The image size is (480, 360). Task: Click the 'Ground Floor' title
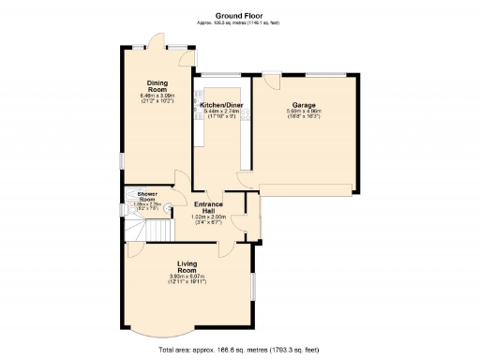[239, 16]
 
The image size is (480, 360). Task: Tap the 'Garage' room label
[303, 105]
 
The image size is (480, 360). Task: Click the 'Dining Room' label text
[157, 86]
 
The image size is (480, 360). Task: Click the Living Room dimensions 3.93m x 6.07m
[187, 277]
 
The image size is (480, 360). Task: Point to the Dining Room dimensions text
[157, 97]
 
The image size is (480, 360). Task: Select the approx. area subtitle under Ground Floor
[239, 23]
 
